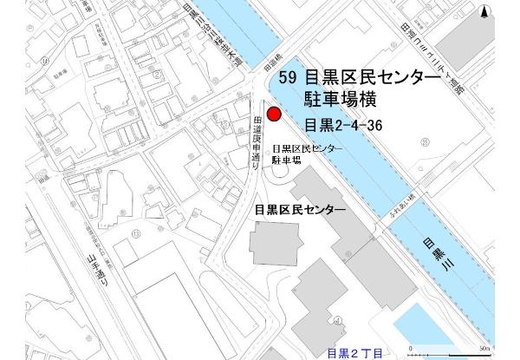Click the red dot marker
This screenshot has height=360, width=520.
[x=274, y=114]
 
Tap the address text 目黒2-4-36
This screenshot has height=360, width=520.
[x=343, y=125]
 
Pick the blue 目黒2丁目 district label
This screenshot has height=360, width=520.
[x=354, y=353]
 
